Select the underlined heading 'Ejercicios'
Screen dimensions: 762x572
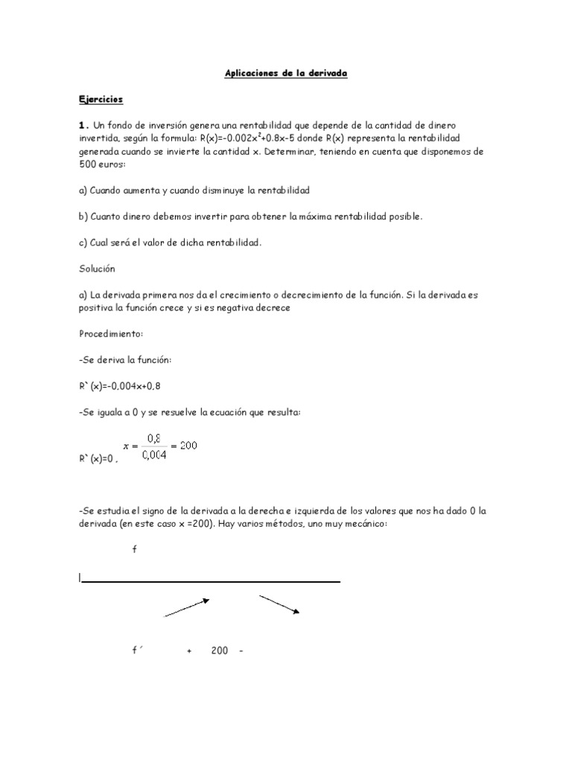pyautogui.click(x=101, y=99)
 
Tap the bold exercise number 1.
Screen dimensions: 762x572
pyautogui.click(x=83, y=125)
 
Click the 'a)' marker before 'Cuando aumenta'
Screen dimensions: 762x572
pyautogui.click(x=83, y=190)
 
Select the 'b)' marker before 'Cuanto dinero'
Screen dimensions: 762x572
pyautogui.click(x=83, y=217)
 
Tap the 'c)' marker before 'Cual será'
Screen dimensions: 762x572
pyautogui.click(x=83, y=243)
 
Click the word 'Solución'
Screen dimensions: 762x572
pyautogui.click(x=98, y=268)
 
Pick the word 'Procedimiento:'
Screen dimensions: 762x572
pyautogui.click(x=109, y=333)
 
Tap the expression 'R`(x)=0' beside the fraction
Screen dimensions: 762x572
pyautogui.click(x=98, y=458)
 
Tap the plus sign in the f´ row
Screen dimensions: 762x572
pyautogui.click(x=190, y=651)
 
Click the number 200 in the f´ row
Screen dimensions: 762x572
pyautogui.click(x=219, y=651)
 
